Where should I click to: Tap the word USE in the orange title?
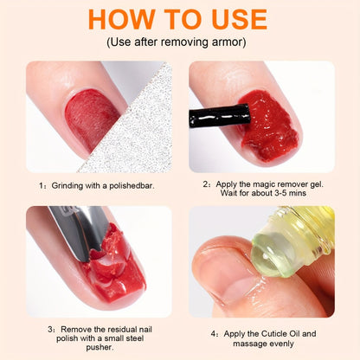pyautogui.click(x=239, y=19)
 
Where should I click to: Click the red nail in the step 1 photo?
pyautogui.click(x=92, y=119)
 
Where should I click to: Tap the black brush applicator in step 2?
pyautogui.click(x=219, y=116)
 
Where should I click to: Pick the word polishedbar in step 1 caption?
pyautogui.click(x=132, y=186)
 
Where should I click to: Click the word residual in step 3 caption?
pyautogui.click(x=123, y=329)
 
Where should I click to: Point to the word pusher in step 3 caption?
pyautogui.click(x=100, y=347)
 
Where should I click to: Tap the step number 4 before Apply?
pyautogui.click(x=213, y=334)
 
